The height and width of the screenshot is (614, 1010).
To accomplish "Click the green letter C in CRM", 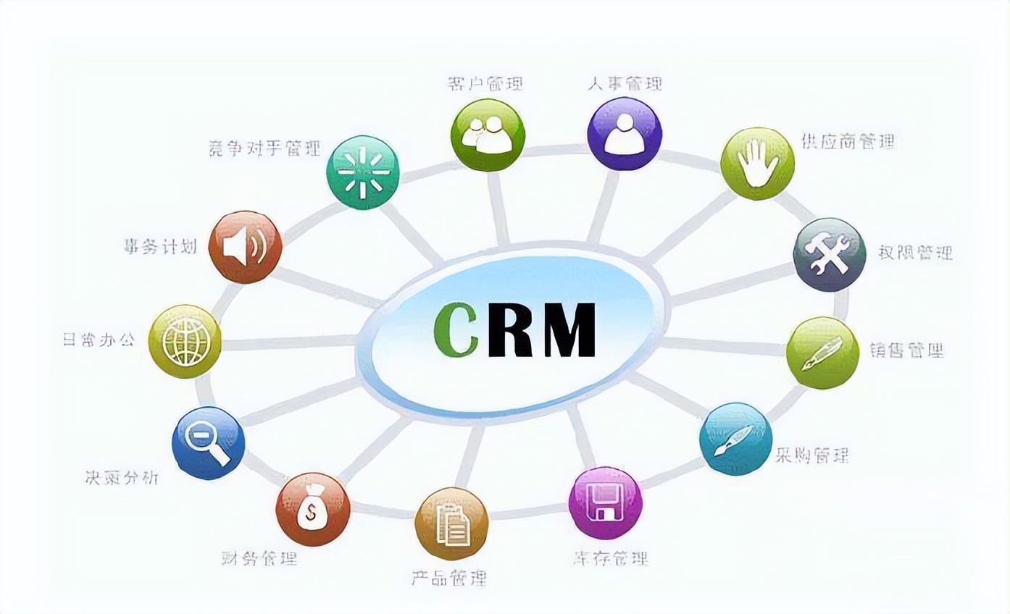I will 456,330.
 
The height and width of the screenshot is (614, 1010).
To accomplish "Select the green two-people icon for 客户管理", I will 486,135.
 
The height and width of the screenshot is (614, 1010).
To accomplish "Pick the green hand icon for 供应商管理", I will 759,164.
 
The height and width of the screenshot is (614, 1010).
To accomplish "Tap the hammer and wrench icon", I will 830,255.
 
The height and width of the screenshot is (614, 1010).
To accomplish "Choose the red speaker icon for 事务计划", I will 244,248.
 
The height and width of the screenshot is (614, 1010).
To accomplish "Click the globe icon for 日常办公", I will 185,341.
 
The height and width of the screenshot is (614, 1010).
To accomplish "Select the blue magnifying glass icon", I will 208,442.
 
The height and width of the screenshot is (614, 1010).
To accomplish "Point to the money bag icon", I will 313,510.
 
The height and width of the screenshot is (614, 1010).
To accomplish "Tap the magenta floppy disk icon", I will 605,503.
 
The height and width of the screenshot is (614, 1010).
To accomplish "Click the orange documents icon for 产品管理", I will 451,523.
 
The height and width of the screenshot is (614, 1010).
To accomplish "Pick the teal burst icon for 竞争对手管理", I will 362,172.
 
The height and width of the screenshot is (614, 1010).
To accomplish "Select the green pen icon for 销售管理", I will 822,353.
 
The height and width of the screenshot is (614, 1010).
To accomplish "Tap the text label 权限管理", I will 916,253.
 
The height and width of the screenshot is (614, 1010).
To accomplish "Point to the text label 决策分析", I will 121,478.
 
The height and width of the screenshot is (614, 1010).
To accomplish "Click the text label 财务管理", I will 259,558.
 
